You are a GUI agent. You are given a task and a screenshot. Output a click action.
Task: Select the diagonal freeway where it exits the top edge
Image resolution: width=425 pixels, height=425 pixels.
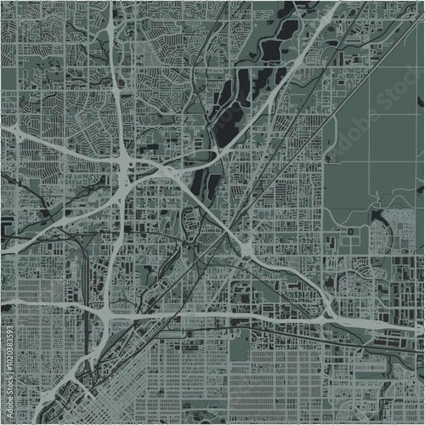pyautogui.click(x=337, y=3)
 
